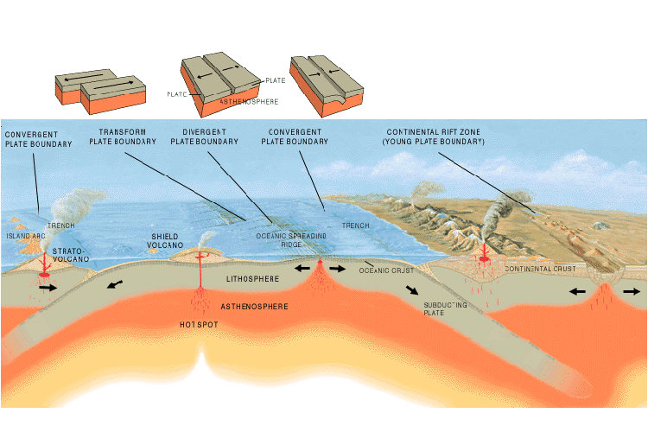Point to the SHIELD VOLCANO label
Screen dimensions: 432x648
[164, 240]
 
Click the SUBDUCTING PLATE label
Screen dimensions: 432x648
[445, 309]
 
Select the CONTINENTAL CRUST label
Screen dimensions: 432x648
[540, 270]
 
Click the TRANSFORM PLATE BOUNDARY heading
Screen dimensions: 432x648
[123, 137]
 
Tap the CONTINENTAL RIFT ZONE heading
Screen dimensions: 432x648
[433, 137]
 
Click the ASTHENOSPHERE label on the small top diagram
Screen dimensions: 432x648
[247, 101]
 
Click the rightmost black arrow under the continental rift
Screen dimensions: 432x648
[631, 292]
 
